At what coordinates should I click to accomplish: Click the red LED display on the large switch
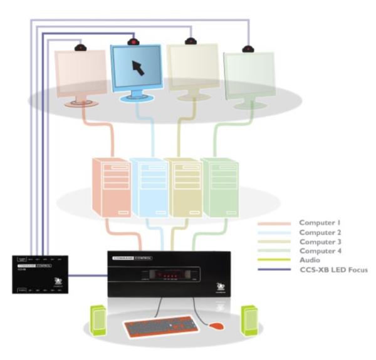click(167, 274)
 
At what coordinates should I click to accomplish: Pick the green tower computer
click(219, 187)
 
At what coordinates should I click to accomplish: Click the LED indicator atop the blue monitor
click(132, 42)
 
